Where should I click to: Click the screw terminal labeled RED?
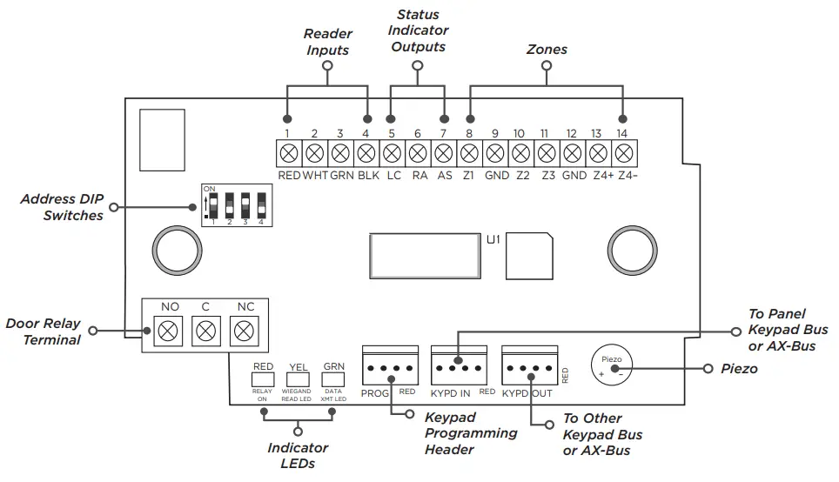coord(289,154)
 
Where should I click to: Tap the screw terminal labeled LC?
coord(392,154)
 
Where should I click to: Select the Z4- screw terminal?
coord(622,154)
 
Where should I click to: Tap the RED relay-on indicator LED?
coord(263,379)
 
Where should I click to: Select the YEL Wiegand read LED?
coord(299,379)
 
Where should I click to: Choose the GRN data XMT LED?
coord(333,379)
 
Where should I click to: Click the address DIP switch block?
coord(233,204)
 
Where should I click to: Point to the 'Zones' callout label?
coord(547,50)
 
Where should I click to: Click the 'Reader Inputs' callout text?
coord(327,42)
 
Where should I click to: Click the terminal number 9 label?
coord(494,134)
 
